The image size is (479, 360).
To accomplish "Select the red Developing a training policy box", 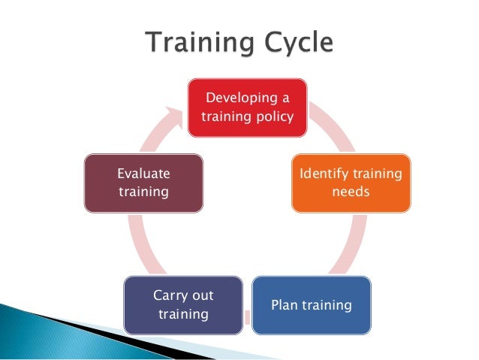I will pos(248,108).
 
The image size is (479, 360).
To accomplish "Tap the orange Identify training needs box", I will pos(351,183).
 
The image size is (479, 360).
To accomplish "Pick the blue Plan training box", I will pos(312,305).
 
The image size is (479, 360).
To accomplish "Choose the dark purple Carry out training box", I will pos(183,304).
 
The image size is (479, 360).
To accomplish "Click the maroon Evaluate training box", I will pos(143,182).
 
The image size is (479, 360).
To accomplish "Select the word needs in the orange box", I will pos(351,192).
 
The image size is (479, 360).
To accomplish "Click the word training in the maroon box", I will pos(143,192).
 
